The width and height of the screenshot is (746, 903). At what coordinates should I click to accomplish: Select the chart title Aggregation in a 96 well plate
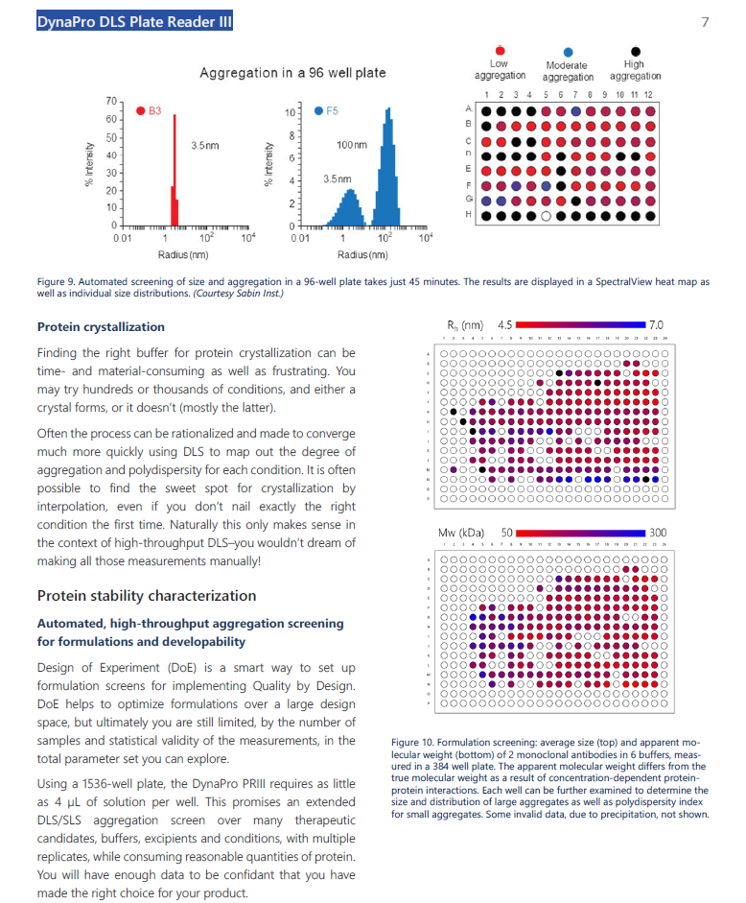tap(292, 73)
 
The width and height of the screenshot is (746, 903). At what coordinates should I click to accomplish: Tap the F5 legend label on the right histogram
tap(332, 111)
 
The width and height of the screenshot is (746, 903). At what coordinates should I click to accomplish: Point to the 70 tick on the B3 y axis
tap(109, 101)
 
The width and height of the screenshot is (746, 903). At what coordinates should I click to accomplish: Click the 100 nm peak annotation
tap(352, 143)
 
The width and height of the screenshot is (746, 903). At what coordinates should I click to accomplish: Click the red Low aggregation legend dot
tap(500, 51)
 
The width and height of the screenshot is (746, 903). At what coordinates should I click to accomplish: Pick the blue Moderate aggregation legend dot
tap(568, 52)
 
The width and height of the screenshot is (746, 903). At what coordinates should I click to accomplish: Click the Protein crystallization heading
tap(101, 327)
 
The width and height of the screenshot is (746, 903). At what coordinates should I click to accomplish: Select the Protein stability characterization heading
tap(147, 595)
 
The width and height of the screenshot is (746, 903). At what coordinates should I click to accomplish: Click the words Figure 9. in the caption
tap(58, 282)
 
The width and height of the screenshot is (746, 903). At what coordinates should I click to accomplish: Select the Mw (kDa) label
tap(461, 533)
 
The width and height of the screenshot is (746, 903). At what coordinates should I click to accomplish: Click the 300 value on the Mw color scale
tap(658, 533)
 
